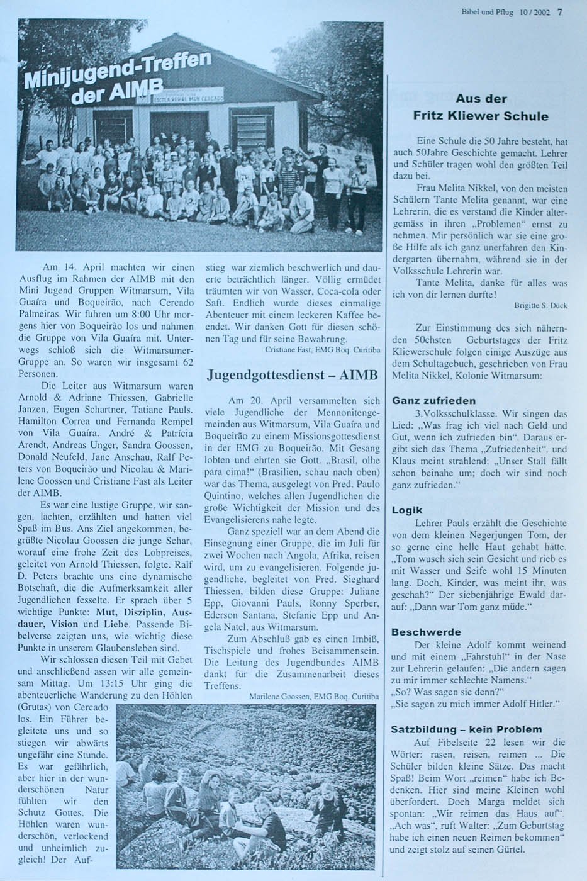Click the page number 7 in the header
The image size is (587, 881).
[x=560, y=10]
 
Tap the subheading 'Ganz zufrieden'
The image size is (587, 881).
[x=433, y=400]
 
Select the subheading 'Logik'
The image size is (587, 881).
[x=407, y=510]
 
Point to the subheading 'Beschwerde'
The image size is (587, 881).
[x=426, y=632]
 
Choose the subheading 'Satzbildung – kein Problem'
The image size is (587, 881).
[x=466, y=729]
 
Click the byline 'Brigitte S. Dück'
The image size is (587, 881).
[x=540, y=306]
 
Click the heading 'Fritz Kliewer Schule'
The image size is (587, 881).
[x=481, y=116]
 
